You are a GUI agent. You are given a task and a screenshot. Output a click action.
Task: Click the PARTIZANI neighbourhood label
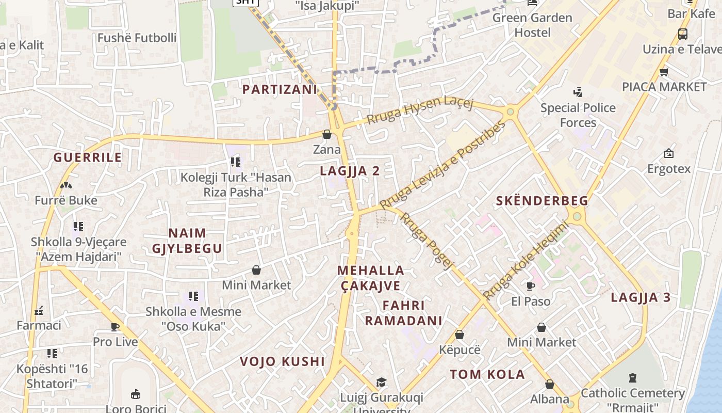[x=280, y=89]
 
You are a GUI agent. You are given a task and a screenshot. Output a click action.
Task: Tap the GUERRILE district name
[x=88, y=157]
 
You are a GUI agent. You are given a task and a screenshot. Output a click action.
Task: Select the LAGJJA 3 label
[x=641, y=297]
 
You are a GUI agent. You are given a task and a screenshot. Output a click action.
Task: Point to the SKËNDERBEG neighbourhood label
[x=542, y=201]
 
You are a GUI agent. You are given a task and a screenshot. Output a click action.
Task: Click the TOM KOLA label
[x=487, y=374]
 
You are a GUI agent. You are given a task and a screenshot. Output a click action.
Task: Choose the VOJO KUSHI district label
[x=282, y=361]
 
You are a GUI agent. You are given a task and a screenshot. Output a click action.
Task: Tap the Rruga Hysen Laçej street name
[x=419, y=109]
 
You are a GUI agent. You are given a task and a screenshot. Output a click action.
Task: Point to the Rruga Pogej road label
[x=427, y=241]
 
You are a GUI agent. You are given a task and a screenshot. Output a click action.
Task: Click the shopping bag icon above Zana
[x=327, y=135]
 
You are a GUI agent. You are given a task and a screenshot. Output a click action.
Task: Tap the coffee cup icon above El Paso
[x=531, y=286]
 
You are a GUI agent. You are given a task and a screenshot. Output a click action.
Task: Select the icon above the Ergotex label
[x=669, y=153]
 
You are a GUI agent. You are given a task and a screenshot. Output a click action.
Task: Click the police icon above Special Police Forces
[x=578, y=93]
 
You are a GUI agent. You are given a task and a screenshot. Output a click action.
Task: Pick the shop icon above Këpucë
[x=460, y=335]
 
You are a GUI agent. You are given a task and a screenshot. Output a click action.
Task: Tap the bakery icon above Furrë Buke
[x=65, y=185]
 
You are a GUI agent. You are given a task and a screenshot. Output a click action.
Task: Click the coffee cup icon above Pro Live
[x=115, y=327]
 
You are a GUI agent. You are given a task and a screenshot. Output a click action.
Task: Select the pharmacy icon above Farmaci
[x=39, y=310]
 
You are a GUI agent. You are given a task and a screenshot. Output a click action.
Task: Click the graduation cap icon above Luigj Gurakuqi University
[x=381, y=382]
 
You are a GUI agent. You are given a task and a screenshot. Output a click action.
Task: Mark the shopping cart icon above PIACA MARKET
[x=664, y=72]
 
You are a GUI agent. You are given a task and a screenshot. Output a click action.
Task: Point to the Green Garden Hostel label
[x=532, y=25]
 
